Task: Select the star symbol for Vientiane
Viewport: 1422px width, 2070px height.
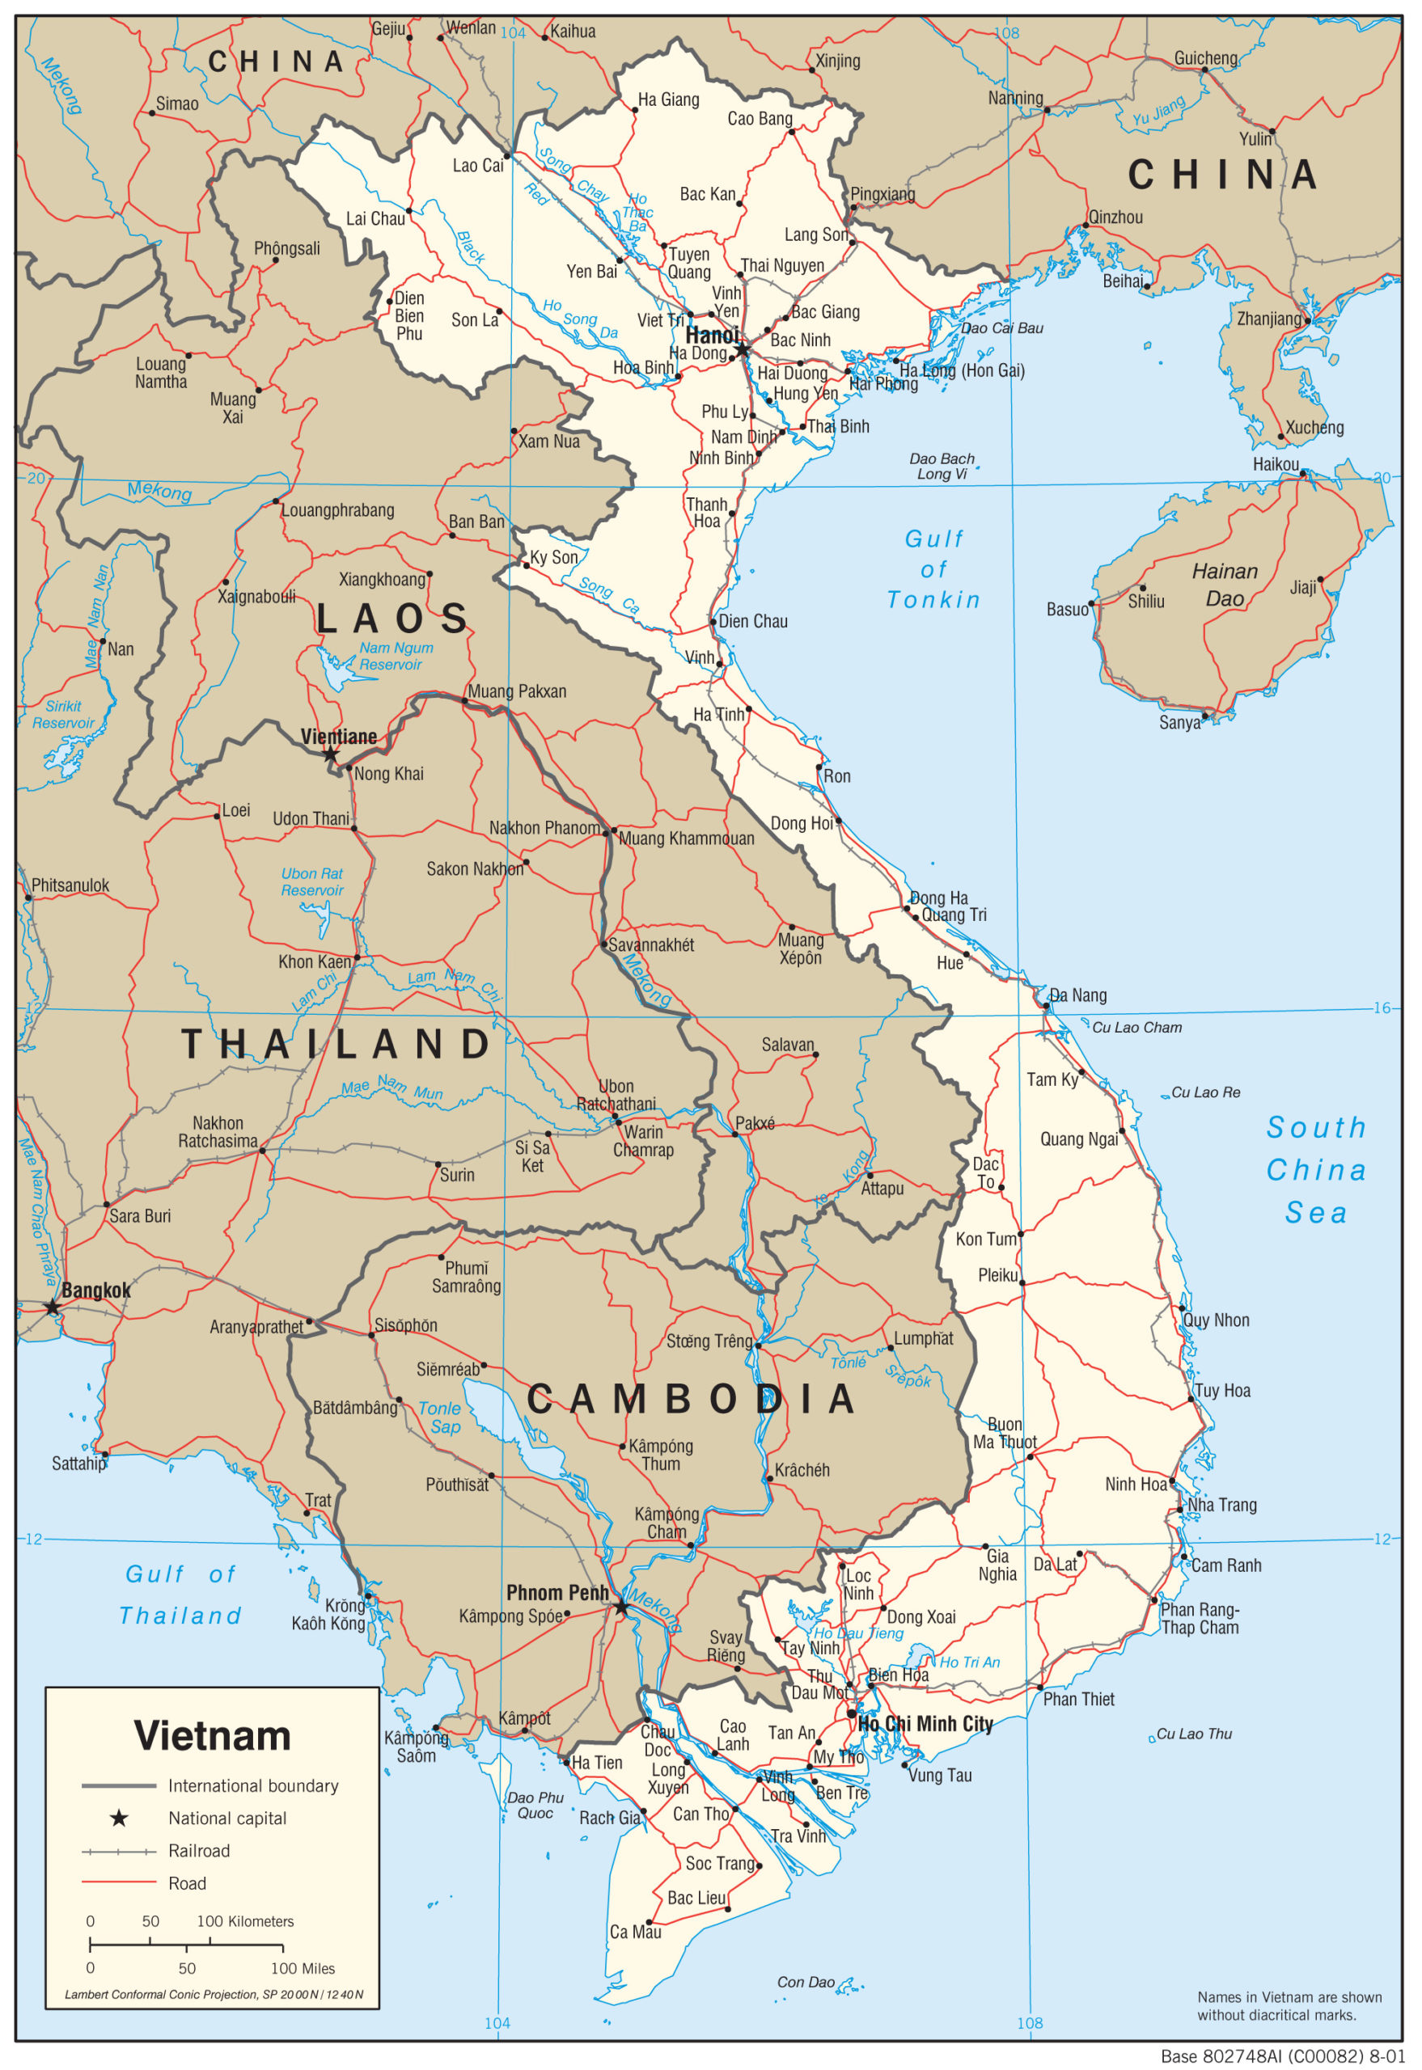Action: (x=331, y=754)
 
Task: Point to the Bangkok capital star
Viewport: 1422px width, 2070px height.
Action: (x=52, y=1307)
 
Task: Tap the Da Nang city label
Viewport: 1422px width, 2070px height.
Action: (x=1077, y=995)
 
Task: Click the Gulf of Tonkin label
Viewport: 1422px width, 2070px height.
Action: (x=933, y=569)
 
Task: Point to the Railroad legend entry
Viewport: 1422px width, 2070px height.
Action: (x=199, y=1851)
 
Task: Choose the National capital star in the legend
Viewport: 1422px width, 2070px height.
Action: (x=118, y=1819)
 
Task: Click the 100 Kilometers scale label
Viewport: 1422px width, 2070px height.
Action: (x=245, y=1921)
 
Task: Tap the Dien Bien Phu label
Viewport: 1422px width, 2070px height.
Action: (x=409, y=315)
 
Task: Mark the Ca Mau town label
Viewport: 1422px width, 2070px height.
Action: (x=635, y=1932)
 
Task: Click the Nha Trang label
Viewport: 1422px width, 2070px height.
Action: (x=1221, y=1505)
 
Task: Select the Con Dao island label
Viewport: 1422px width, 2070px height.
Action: (x=806, y=1982)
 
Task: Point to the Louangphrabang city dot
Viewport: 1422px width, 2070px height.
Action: (x=276, y=501)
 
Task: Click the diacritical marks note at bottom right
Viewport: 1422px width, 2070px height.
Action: (x=1289, y=2006)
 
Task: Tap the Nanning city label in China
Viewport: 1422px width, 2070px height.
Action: (x=1015, y=98)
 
